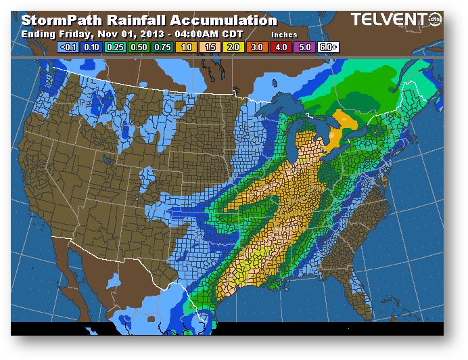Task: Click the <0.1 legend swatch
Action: click(x=68, y=47)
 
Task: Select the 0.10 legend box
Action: click(x=91, y=47)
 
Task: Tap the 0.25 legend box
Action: click(x=114, y=47)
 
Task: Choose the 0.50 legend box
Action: click(x=137, y=47)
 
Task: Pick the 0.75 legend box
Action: click(x=160, y=47)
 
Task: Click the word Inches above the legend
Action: click(x=284, y=33)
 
